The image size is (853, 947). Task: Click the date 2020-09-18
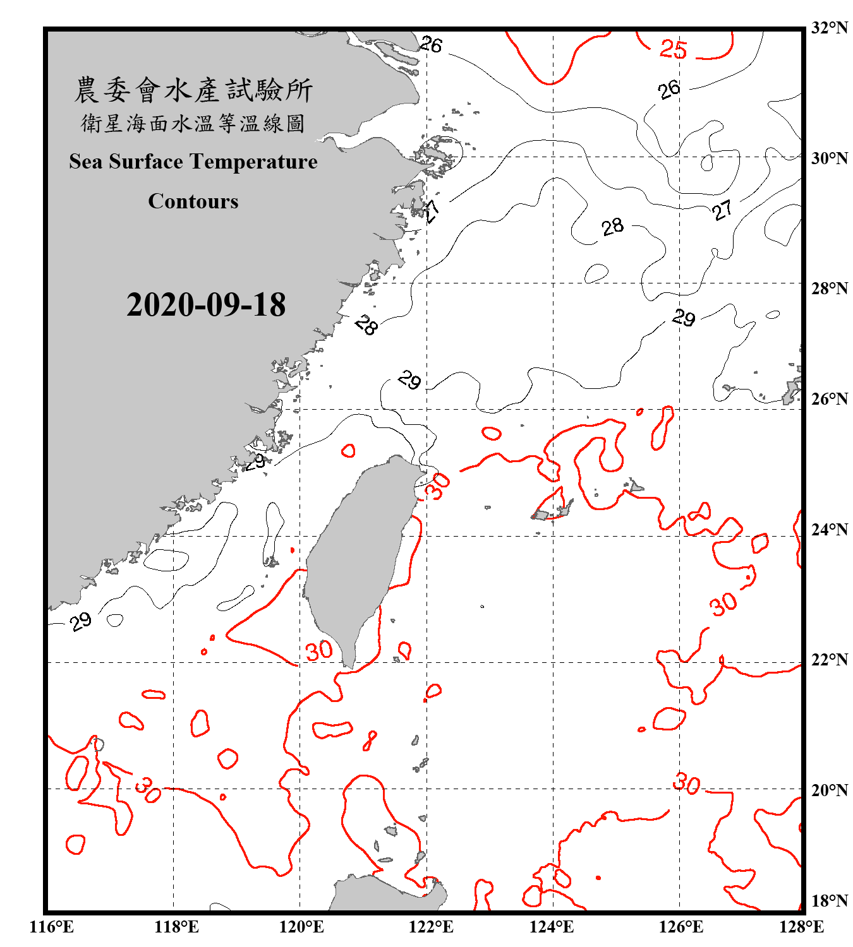206,305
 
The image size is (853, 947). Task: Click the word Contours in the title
193,201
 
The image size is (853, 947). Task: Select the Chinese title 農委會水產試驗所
193,90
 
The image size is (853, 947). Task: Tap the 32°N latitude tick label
830,28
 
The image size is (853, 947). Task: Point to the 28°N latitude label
830,289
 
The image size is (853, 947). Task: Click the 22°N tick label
830,660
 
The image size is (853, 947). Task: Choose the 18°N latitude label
830,901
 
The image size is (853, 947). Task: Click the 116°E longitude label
52,927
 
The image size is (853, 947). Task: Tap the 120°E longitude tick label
301,927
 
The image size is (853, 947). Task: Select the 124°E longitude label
552,927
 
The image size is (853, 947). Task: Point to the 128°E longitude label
801,927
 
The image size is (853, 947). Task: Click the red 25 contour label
673,49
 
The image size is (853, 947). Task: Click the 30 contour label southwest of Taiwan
319,650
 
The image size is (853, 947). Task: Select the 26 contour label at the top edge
432,45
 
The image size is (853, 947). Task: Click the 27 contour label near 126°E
722,210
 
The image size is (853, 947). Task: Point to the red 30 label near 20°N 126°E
686,783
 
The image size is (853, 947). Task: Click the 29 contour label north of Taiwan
410,381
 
